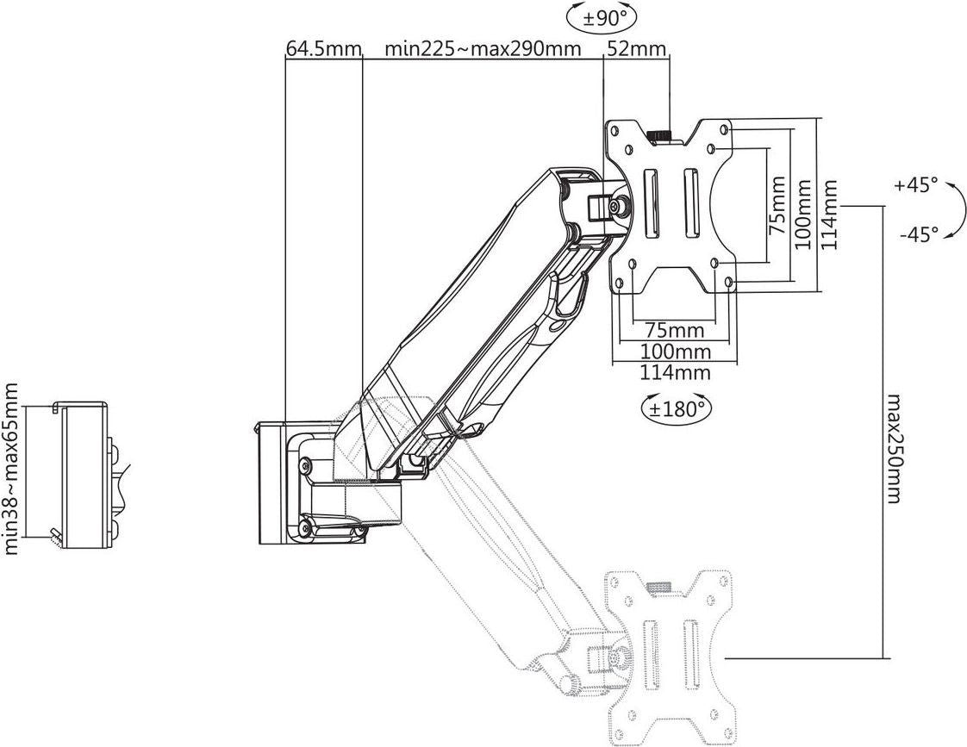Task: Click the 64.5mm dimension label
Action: coord(323,49)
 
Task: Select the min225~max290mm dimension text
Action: coord(483,49)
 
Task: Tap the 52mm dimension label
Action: coord(637,49)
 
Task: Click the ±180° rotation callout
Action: coord(676,408)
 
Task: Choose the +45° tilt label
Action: coord(917,185)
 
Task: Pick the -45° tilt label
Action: coord(919,234)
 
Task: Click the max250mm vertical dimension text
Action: coord(892,446)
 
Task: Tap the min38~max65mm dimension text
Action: coord(10,469)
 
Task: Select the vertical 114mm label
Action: coord(829,214)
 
